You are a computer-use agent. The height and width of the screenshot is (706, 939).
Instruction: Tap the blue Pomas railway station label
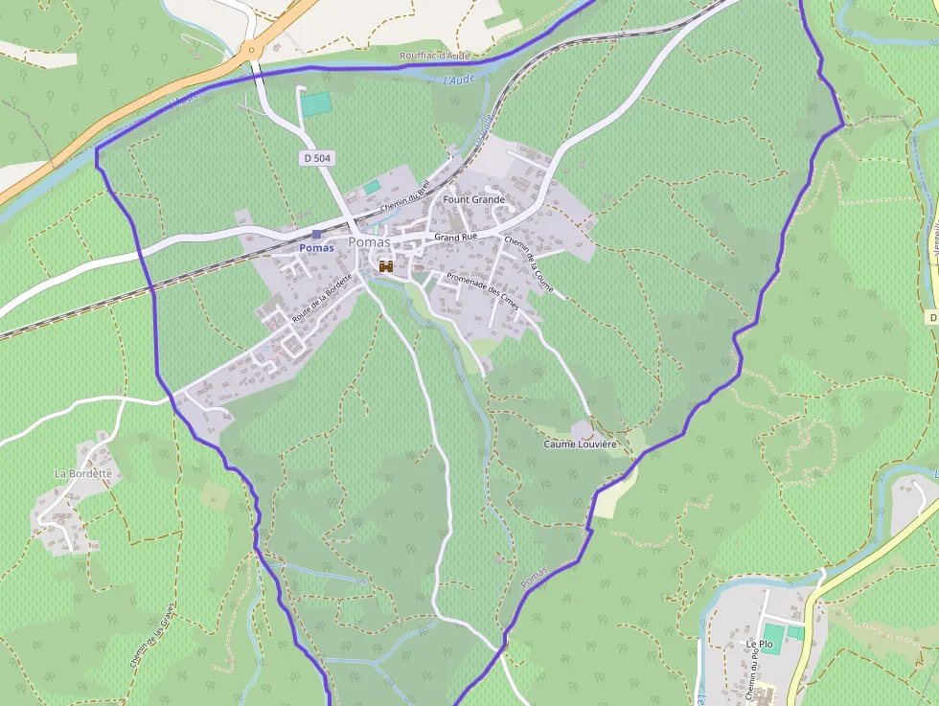(316, 248)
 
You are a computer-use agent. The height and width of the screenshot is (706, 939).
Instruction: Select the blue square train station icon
(317, 235)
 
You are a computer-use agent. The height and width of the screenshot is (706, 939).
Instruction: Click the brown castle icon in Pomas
(387, 266)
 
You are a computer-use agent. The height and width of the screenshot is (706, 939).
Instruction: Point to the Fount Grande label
(473, 199)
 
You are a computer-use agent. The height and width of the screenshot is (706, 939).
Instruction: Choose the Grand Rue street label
(455, 236)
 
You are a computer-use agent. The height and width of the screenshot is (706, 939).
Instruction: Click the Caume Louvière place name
(581, 444)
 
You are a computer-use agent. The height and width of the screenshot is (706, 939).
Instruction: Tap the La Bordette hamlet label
(83, 473)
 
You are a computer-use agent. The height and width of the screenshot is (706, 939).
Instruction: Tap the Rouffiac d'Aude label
(435, 56)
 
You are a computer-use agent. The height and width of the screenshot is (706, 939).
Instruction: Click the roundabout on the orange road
(252, 51)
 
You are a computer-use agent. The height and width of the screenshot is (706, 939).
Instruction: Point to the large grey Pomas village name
(369, 242)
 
